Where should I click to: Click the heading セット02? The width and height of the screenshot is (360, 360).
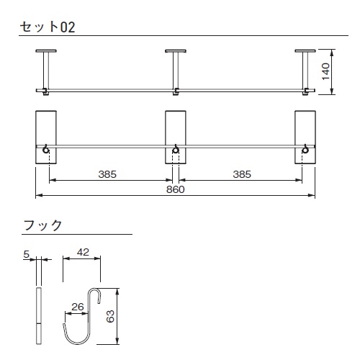click(x=48, y=27)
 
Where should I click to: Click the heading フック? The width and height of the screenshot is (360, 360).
click(x=42, y=225)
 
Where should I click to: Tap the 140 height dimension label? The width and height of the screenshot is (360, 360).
click(x=325, y=71)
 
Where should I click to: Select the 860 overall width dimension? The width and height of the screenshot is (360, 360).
click(x=176, y=189)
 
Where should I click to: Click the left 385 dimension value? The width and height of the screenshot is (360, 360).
click(x=107, y=174)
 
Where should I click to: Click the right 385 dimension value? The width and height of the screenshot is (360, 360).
click(x=242, y=174)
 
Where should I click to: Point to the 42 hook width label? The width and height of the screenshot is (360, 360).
click(x=83, y=252)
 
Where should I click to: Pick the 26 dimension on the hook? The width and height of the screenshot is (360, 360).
click(x=78, y=307)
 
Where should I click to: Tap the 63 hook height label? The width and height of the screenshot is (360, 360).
click(x=110, y=316)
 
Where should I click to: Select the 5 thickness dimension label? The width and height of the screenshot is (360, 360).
click(x=26, y=254)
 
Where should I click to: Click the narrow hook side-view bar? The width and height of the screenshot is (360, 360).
click(x=39, y=315)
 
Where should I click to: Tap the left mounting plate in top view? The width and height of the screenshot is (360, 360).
click(x=46, y=138)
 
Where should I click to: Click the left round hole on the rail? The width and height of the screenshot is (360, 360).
click(x=46, y=150)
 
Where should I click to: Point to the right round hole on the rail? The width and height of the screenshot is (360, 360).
click(x=305, y=150)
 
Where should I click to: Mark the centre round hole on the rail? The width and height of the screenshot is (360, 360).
click(x=176, y=150)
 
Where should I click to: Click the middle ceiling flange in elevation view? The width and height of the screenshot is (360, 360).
click(x=176, y=51)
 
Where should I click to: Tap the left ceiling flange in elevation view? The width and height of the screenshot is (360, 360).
click(x=46, y=51)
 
